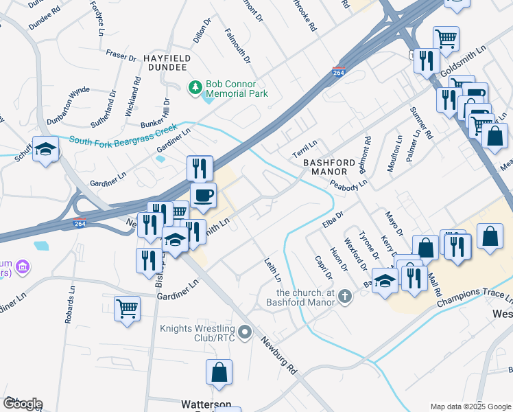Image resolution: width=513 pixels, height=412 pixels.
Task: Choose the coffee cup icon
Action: click(203, 195)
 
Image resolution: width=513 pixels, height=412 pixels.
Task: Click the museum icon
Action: click(23, 266)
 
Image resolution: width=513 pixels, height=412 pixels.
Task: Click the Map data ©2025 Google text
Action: click(470, 407)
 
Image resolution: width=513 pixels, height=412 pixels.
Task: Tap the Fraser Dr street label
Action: click(121, 55)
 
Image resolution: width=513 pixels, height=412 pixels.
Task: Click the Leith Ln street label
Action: click(273, 270)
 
